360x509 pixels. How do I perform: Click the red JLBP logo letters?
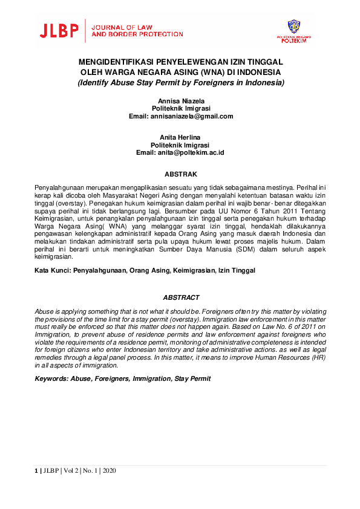pyautogui.click(x=60, y=31)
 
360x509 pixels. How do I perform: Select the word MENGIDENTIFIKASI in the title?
pyautogui.click(x=117, y=62)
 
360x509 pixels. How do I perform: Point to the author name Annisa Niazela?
pyautogui.click(x=181, y=100)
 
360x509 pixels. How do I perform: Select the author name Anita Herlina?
pyautogui.click(x=181, y=137)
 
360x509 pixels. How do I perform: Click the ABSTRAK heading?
pyautogui.click(x=181, y=174)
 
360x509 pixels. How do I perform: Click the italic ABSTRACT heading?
pyautogui.click(x=181, y=297)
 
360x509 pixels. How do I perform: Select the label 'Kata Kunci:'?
pyautogui.click(x=53, y=271)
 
